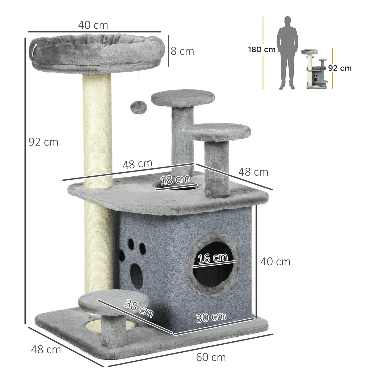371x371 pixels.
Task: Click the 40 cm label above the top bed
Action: (93, 25)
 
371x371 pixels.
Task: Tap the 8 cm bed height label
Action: (182, 51)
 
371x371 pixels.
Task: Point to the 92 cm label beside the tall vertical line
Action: (43, 142)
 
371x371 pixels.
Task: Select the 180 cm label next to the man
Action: (262, 50)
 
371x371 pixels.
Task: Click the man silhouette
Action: (287, 53)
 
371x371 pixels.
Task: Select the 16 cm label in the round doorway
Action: (213, 258)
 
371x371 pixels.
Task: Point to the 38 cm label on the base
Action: (139, 308)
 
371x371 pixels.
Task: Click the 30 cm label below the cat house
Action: (211, 317)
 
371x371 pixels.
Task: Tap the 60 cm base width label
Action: (211, 357)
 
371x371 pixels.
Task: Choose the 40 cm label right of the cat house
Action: (275, 262)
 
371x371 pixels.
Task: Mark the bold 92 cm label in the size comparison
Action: (340, 68)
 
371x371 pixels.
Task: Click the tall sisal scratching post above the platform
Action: (97, 125)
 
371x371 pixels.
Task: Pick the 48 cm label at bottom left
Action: (46, 349)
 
